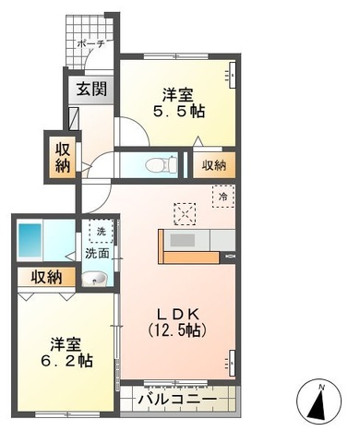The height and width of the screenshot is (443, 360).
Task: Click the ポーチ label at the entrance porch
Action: pos(90,42)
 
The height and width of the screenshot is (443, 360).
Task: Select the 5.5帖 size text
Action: pos(178,111)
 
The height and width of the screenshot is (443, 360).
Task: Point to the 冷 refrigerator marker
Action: pos(222,196)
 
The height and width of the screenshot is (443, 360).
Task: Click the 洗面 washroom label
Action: pos(96,252)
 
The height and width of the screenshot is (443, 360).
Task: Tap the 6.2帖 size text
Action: pos(70,361)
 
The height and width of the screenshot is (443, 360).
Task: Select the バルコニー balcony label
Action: pos(177,400)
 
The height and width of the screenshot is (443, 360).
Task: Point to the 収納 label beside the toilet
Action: pos(213,166)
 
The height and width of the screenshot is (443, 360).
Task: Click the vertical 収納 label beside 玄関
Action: pos(61,158)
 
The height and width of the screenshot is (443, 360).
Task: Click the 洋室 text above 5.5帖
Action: pos(178,92)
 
